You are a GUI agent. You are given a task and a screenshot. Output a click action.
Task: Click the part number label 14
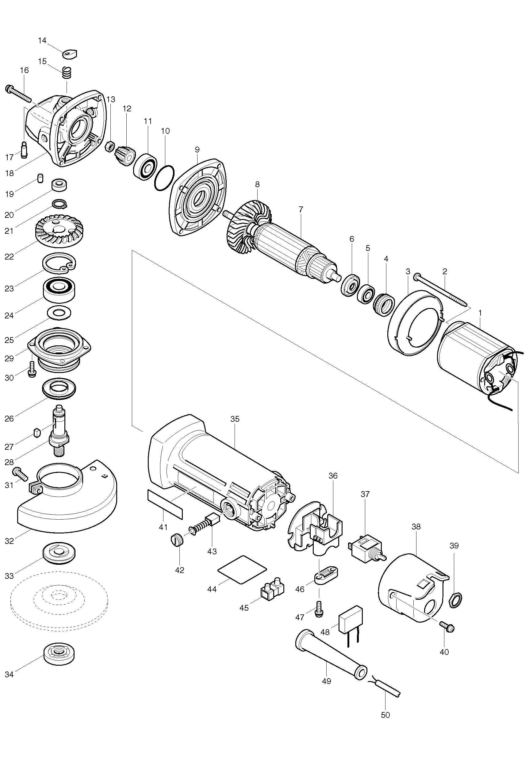tap(42, 40)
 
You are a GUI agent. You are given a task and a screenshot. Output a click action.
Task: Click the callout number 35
tap(235, 419)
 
